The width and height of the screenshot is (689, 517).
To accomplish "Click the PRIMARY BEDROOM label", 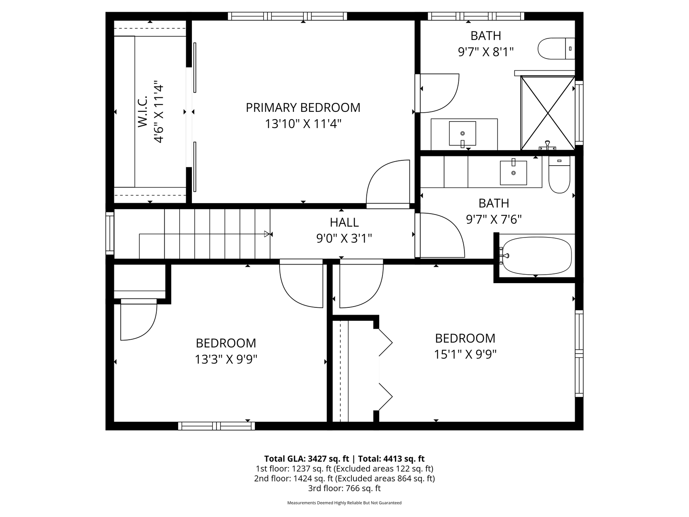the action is tap(303, 107).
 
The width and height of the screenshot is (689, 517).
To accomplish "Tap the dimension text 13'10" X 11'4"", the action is tap(303, 124).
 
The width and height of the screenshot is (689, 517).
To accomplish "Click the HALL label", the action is tap(344, 223).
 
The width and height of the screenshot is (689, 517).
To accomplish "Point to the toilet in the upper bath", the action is tap(556, 48).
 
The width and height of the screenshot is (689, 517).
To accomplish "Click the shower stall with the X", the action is tap(548, 113).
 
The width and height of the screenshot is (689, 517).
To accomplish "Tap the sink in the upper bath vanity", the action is tap(462, 133).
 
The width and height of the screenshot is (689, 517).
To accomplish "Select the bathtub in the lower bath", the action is tap(536, 256).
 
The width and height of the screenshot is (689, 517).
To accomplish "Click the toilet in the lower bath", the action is tap(559, 174).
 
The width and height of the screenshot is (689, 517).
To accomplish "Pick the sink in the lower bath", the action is tap(513, 172).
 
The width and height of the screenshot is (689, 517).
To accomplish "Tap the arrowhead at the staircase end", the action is tap(267, 234).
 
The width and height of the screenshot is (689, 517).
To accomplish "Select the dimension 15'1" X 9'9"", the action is tap(465, 354).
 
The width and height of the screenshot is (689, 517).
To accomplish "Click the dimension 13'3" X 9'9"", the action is tap(226, 359).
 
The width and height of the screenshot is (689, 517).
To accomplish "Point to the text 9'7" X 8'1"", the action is tap(486, 52).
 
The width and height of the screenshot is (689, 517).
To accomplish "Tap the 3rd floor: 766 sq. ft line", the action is tap(344, 488).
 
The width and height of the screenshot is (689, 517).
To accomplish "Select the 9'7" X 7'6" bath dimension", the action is tap(494, 219).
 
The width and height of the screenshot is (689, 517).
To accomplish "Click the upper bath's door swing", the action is tap(439, 93).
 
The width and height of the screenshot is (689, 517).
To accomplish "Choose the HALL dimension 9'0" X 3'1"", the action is tap(344, 239).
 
